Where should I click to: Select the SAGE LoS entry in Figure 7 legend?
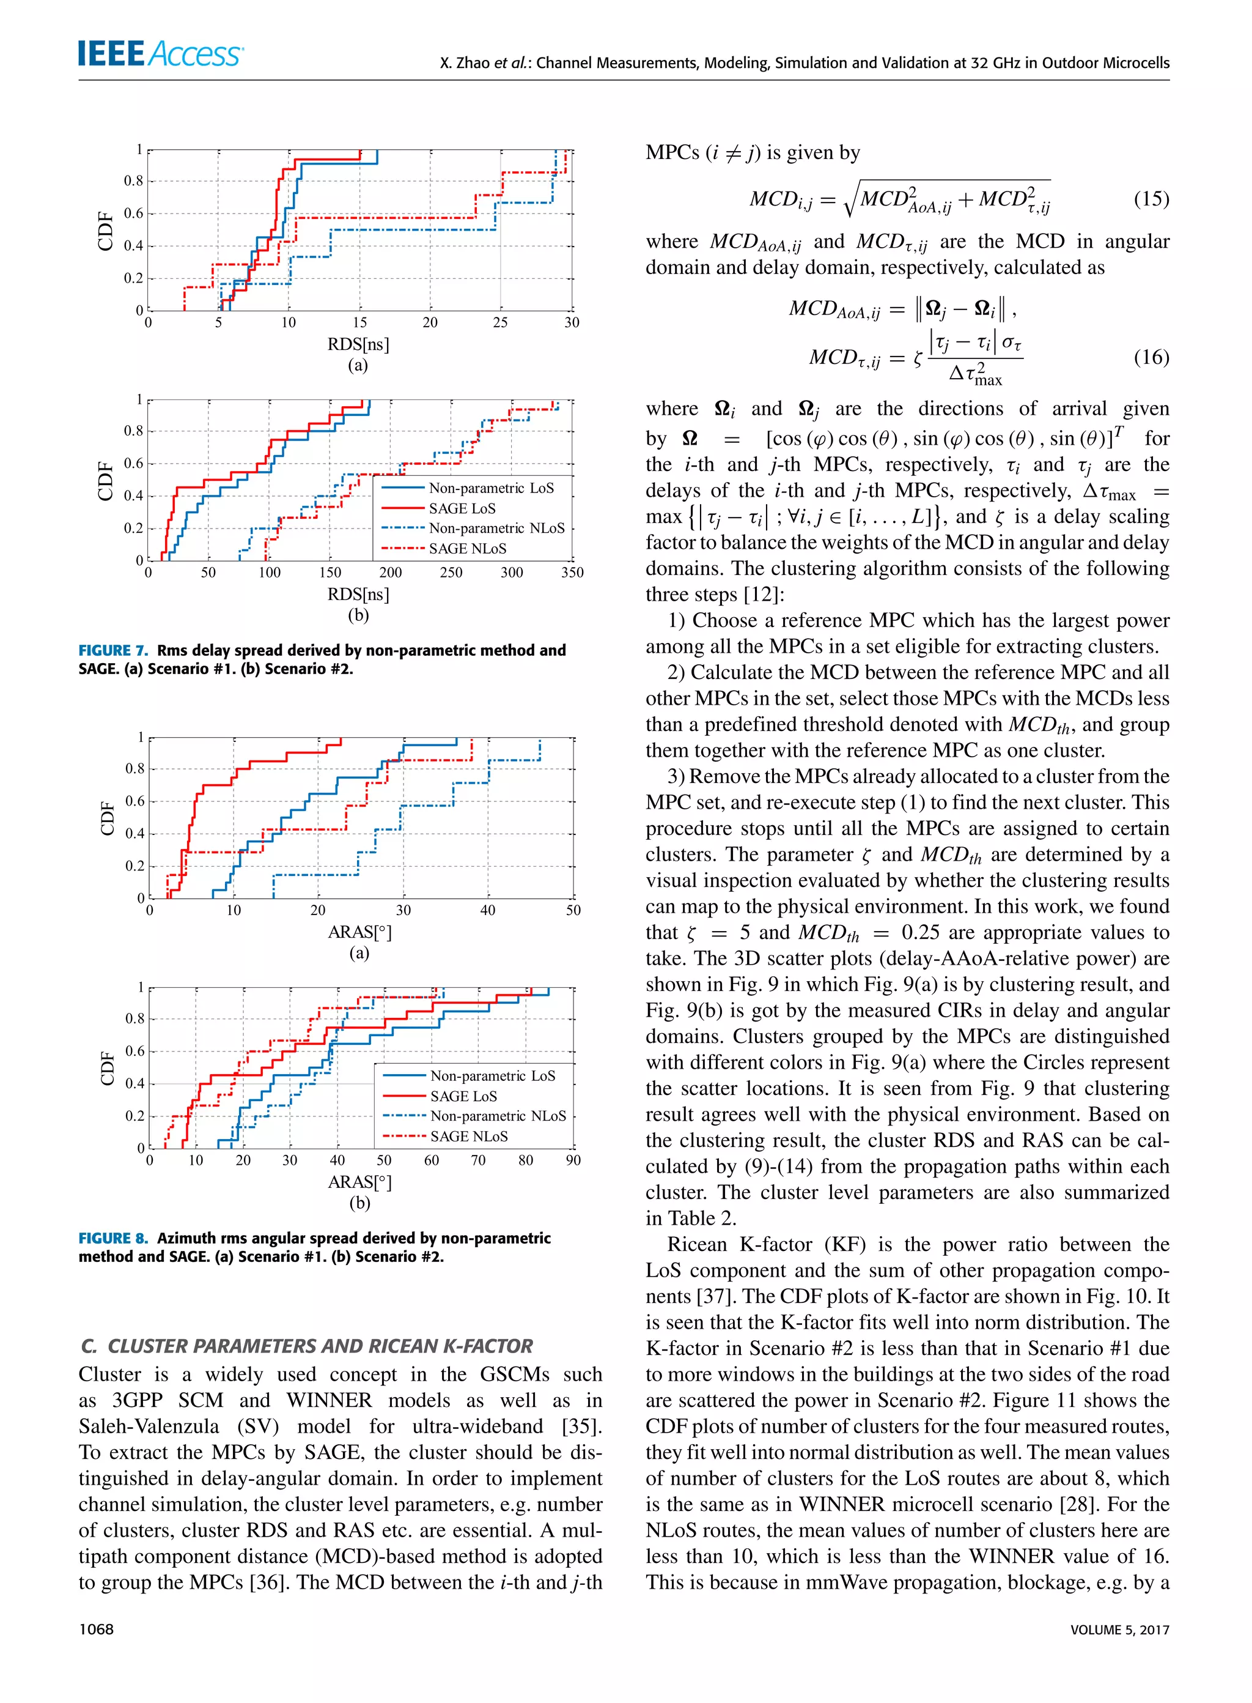point(462,508)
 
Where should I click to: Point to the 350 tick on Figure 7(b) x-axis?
point(572,573)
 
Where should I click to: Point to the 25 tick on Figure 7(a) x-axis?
point(500,322)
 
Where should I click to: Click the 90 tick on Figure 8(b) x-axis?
point(573,1160)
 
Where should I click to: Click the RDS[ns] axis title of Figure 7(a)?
point(358,344)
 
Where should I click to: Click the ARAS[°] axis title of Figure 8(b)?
point(359,1181)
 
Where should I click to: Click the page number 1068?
point(96,1630)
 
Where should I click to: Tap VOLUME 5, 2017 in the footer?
point(1119,1630)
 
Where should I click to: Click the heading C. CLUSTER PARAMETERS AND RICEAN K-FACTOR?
point(306,1346)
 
